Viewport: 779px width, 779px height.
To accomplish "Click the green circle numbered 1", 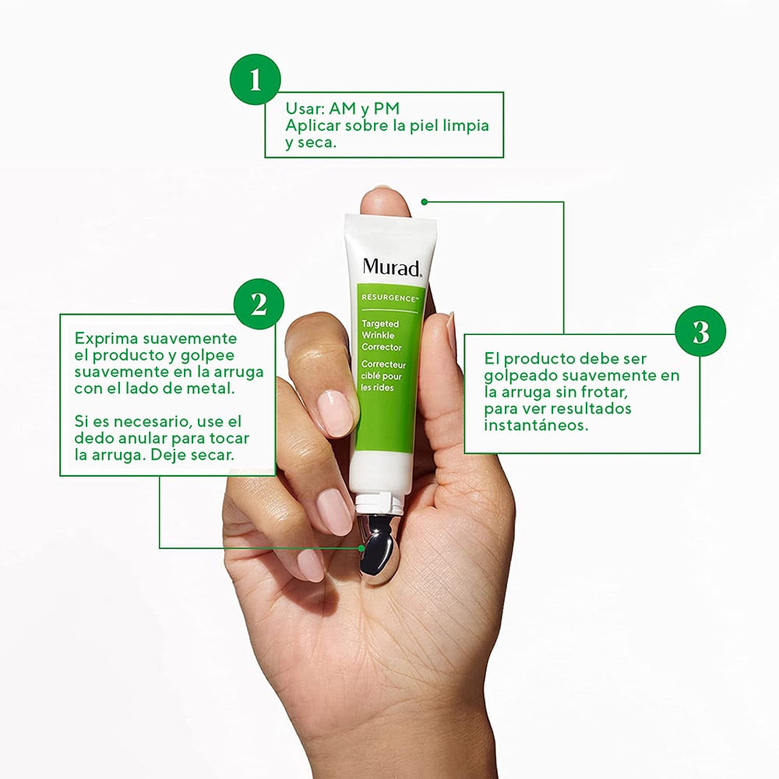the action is (x=256, y=79).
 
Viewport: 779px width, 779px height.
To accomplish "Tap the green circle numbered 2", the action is (x=259, y=304).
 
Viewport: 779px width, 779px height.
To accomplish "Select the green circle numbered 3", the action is (x=700, y=331).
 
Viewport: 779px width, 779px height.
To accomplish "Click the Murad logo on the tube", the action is (x=392, y=267).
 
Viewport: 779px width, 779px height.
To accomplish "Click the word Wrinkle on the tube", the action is (x=378, y=335).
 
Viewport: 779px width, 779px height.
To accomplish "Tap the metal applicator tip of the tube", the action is (x=378, y=548).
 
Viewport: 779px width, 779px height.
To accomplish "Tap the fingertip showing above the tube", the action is (x=386, y=202).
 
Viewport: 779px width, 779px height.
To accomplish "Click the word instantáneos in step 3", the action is (x=536, y=425).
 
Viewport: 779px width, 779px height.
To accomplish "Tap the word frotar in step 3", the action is (x=605, y=392).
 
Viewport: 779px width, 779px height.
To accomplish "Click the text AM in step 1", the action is (x=342, y=108).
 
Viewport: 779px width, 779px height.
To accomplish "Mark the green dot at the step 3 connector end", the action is (x=425, y=202).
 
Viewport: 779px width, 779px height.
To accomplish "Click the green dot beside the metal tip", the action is (x=361, y=548).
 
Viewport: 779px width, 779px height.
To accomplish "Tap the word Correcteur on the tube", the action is (x=383, y=365).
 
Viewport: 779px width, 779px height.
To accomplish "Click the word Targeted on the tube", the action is (x=380, y=324).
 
